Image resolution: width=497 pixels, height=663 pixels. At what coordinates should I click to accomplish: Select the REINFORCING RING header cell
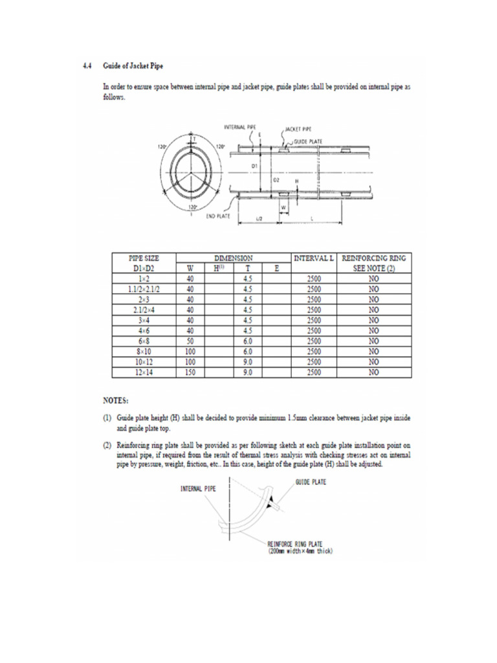(x=373, y=258)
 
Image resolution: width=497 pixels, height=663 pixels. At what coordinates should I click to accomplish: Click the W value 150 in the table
(x=190, y=372)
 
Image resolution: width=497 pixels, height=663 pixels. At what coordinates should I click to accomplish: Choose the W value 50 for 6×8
(x=190, y=341)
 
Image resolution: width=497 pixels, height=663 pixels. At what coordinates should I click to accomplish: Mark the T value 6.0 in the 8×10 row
(x=247, y=352)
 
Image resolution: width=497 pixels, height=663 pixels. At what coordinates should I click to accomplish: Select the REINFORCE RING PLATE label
(x=295, y=545)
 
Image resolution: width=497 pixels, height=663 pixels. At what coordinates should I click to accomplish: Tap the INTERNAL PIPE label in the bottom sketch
(x=198, y=489)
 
